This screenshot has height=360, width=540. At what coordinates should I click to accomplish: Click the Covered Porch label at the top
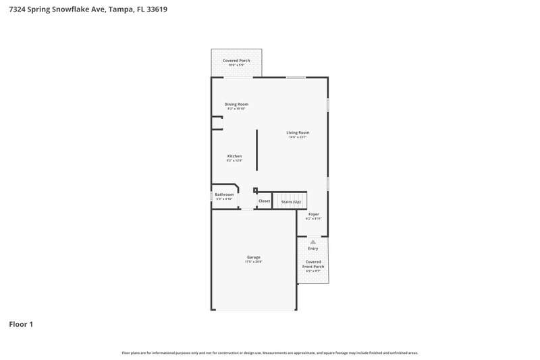click(236, 61)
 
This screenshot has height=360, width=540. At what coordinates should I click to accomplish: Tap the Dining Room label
click(236, 104)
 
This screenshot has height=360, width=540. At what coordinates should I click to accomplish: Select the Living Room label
click(297, 132)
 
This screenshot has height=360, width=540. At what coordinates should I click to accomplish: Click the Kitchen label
click(234, 156)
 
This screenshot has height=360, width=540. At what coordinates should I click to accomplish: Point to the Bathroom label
click(224, 195)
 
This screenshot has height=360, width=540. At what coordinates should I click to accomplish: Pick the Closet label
click(264, 201)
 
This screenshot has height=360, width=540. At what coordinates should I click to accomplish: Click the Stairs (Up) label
click(291, 201)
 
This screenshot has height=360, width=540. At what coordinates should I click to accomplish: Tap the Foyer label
click(313, 214)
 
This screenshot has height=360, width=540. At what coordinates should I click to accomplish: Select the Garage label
click(253, 257)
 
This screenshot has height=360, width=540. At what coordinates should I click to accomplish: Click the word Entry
click(313, 249)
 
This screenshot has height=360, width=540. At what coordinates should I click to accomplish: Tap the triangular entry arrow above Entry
click(313, 240)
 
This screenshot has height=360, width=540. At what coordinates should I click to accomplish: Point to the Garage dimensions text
click(253, 262)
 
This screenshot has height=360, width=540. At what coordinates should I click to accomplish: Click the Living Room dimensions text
click(297, 137)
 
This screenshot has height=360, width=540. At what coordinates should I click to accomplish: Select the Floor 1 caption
click(21, 324)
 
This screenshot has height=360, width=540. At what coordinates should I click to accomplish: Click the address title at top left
click(88, 10)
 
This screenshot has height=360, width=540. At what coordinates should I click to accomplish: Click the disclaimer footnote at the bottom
click(269, 353)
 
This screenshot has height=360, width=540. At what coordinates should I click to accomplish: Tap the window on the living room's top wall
click(295, 78)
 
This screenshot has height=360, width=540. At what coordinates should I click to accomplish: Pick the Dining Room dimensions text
click(236, 109)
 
